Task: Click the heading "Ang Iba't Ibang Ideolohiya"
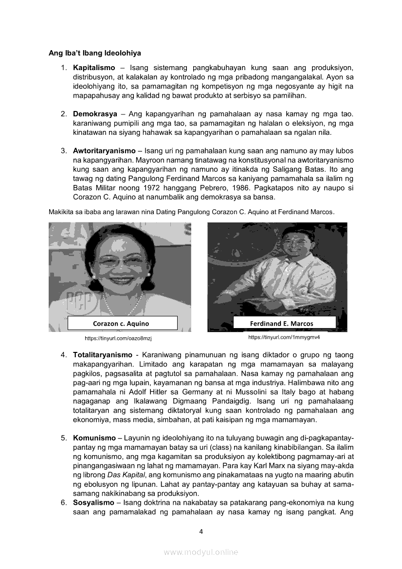[94, 53]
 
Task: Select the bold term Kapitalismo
[94, 67]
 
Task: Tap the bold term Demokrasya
[95, 114]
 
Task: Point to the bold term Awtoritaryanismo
[104, 151]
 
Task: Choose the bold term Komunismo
[94, 438]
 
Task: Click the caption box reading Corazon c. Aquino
[122, 323]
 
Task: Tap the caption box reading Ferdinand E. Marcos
[285, 323]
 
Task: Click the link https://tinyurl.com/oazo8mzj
[121, 338]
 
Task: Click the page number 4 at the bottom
[201, 532]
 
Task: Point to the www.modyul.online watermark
[201, 552]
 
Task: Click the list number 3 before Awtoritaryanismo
[64, 151]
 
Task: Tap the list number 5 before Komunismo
[64, 438]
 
